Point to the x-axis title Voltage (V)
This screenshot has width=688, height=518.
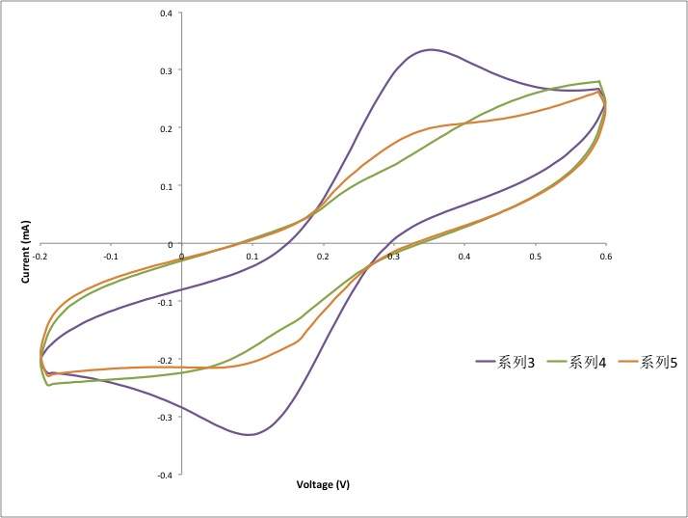click(323, 485)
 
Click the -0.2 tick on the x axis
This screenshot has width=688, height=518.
click(40, 257)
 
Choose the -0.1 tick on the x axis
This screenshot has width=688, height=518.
click(111, 257)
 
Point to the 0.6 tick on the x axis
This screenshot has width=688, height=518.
click(606, 257)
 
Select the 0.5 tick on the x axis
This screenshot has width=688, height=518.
click(536, 257)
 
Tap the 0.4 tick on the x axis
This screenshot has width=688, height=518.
click(465, 257)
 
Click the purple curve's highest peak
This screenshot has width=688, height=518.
click(430, 49)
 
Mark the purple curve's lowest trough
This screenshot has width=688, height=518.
click(250, 435)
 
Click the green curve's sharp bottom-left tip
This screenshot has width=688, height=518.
click(47, 386)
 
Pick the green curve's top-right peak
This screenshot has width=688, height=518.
click(599, 81)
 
